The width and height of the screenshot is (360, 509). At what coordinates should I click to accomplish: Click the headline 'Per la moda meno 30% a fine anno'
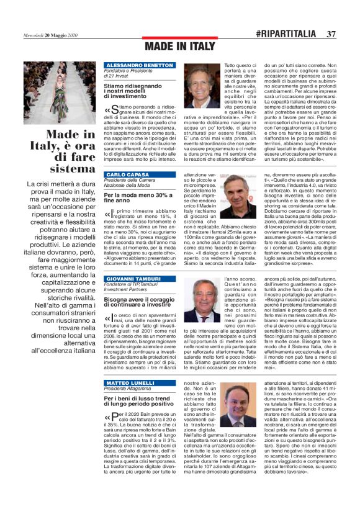pos(135,198)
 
